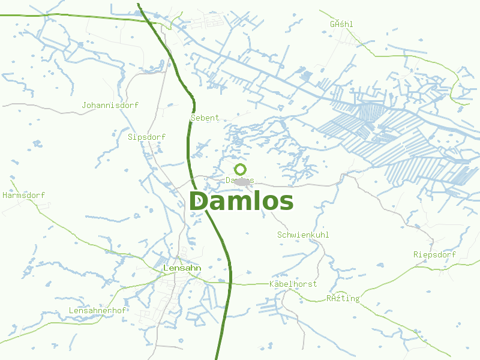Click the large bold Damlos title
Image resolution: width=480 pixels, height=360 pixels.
[241, 202]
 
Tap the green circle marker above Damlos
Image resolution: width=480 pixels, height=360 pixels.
[241, 170]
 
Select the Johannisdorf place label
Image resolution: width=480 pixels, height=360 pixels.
[110, 105]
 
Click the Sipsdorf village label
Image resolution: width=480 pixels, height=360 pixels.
[146, 137]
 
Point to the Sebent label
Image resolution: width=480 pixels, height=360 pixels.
[205, 118]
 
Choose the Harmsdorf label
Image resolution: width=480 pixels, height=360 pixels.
[23, 195]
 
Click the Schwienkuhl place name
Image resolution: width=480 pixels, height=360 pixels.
[303, 235]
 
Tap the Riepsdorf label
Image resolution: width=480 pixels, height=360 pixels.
[434, 254]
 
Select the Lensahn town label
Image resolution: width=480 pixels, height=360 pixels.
[182, 267]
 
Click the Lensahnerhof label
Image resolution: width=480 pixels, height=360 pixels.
[97, 310]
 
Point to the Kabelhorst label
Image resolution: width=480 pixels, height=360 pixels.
[293, 283]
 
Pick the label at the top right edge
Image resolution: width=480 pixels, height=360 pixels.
[341, 24]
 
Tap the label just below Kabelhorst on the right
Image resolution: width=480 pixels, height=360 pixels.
[343, 298]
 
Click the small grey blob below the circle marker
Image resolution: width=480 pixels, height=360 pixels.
[242, 181]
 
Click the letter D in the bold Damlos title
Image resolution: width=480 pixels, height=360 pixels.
[199, 202]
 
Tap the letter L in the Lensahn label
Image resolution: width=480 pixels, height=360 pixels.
[166, 267]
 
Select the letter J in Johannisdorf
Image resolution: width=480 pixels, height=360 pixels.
[84, 105]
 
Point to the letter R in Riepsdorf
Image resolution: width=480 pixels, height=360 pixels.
[416, 254]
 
